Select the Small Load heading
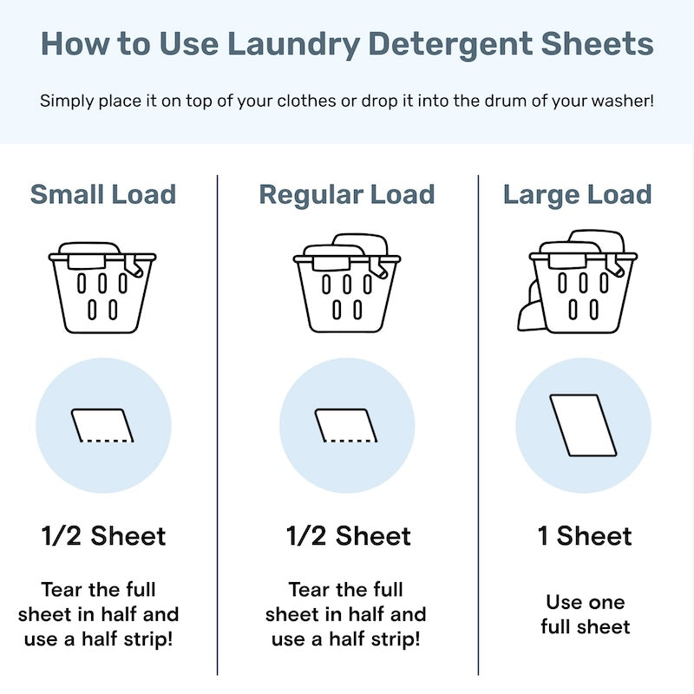tap(103, 194)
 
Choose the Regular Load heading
tap(347, 194)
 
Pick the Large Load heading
tap(577, 194)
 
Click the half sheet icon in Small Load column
tap(103, 425)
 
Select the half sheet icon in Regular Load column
tap(347, 425)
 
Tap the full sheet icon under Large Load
tap(583, 425)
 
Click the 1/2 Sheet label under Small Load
tap(103, 536)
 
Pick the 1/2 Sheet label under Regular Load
tap(349, 536)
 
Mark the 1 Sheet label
tap(585, 536)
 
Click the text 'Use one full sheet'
tap(585, 614)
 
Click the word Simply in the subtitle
tap(64, 101)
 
